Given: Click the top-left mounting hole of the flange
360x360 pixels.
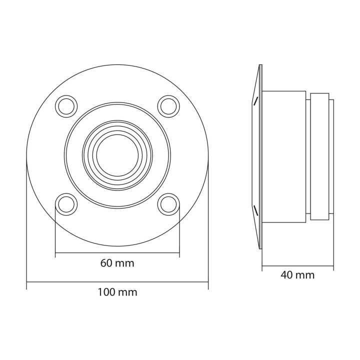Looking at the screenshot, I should point(66,106).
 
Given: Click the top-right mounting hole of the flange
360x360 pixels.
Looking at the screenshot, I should point(168,106).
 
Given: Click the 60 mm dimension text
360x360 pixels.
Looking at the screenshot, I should point(117,263).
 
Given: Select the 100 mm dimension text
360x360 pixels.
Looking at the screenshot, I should point(117,292).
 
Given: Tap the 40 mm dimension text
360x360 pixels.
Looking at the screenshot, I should point(297,274).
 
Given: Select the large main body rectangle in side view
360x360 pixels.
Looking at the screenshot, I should point(283,156).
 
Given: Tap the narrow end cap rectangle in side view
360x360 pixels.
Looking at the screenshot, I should point(319,156).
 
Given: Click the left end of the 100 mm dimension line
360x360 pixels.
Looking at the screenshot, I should point(27,282).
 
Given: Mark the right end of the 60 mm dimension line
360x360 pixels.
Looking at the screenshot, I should point(178,253).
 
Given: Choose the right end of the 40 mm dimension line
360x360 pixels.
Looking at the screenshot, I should point(333,265).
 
